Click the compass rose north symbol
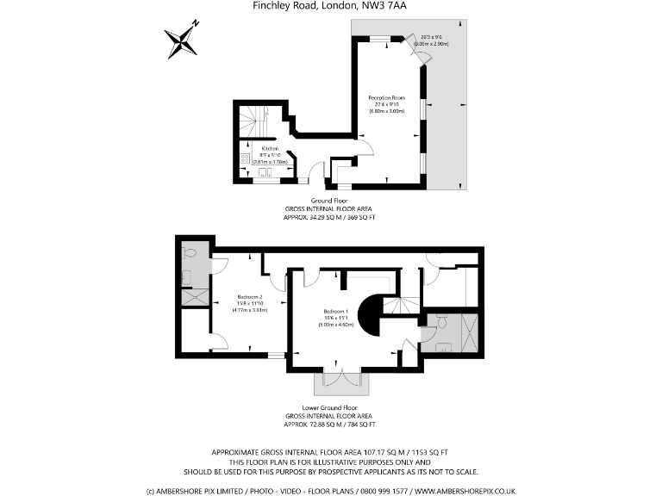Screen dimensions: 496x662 click(x=181, y=39)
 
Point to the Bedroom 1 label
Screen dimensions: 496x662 click(x=335, y=311)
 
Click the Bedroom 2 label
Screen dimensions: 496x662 click(x=249, y=297)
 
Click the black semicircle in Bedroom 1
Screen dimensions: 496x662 click(x=372, y=316)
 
